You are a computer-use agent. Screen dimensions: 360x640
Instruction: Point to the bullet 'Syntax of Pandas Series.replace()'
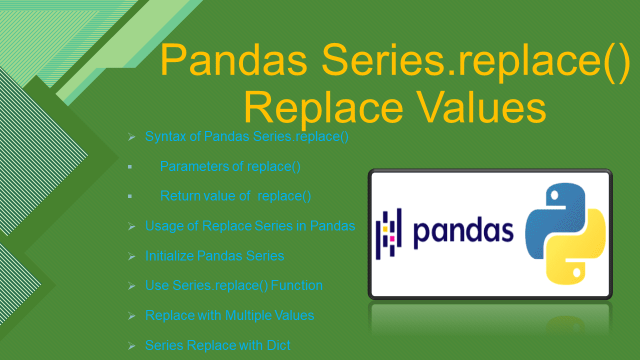click(x=246, y=136)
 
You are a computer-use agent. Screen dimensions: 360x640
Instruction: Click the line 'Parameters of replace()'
click(x=230, y=166)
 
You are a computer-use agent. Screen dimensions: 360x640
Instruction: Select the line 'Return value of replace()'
click(x=235, y=196)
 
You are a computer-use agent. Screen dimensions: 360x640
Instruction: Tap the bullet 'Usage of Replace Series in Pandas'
click(x=250, y=226)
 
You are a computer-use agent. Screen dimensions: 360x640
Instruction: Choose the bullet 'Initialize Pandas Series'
click(x=214, y=256)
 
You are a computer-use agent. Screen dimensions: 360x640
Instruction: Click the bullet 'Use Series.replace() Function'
click(x=233, y=285)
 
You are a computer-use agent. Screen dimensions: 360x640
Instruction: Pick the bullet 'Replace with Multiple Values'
click(x=229, y=315)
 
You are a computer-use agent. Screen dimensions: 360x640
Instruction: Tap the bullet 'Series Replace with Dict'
click(x=217, y=345)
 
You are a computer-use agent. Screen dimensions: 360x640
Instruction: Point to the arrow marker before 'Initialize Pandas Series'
click(x=131, y=256)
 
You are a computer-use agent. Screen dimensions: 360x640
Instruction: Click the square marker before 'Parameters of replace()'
click(x=129, y=166)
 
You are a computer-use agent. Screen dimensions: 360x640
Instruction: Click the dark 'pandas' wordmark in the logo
click(x=463, y=231)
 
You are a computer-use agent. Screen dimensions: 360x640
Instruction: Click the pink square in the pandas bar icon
click(x=392, y=238)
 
